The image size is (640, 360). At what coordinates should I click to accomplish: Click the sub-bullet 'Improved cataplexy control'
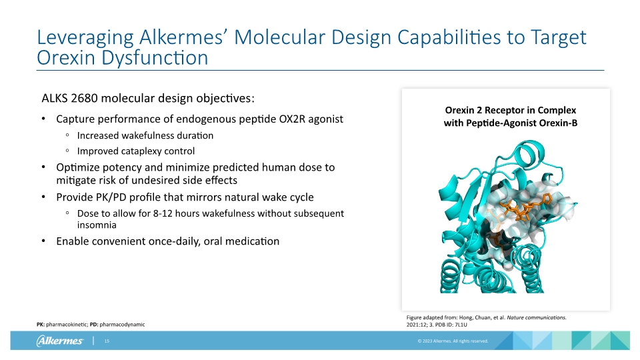[136, 151]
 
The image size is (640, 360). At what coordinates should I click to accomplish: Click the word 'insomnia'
[97, 225]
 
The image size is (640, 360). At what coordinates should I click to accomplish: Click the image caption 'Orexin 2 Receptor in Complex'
[510, 110]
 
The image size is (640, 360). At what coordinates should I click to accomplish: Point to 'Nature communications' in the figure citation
[537, 317]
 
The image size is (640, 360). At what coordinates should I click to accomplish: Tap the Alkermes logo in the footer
[59, 341]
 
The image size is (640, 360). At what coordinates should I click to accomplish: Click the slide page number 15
[106, 341]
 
